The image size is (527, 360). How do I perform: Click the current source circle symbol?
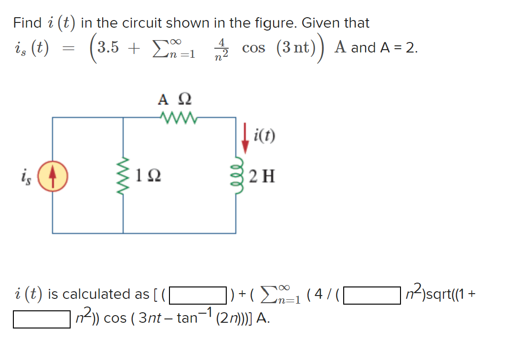[53, 176]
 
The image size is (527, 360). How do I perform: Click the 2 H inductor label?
[262, 176]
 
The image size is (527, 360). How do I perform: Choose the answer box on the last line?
[42, 319]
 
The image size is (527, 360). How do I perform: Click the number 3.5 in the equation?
[108, 48]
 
